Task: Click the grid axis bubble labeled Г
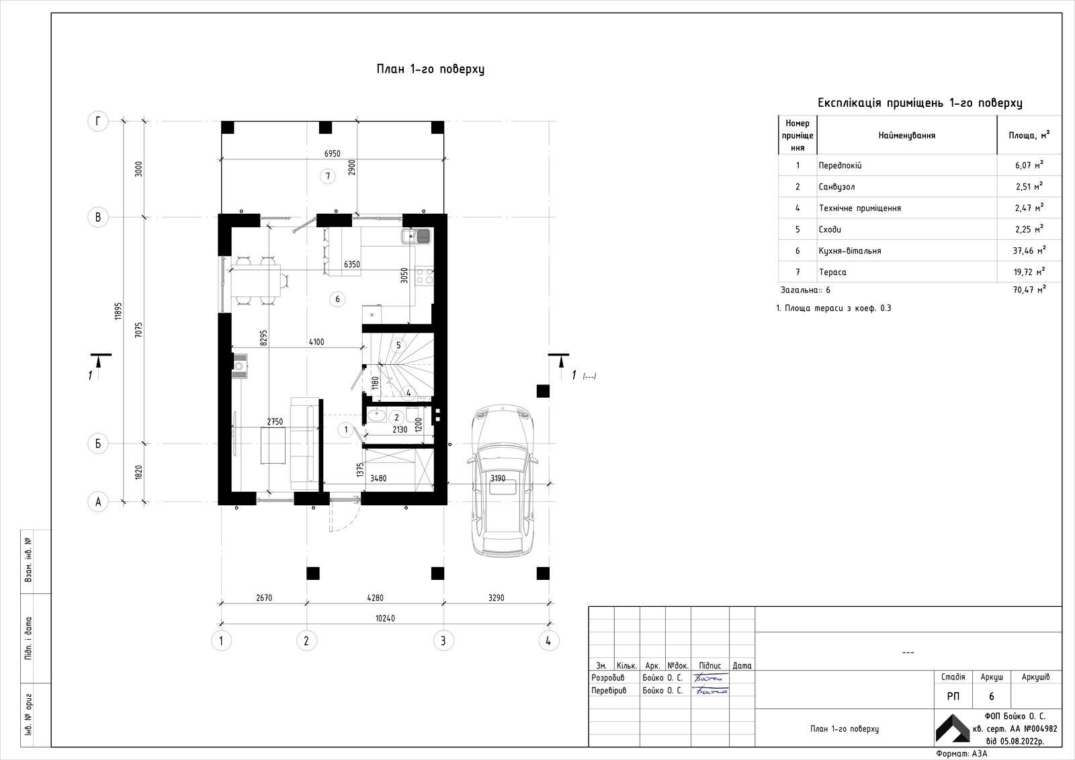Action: click(98, 122)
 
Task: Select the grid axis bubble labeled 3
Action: click(443, 640)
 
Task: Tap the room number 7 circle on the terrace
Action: click(328, 176)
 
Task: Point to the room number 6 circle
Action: click(337, 299)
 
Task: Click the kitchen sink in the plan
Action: click(416, 237)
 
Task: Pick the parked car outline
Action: click(503, 480)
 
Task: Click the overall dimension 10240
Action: click(385, 618)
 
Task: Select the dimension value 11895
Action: click(118, 311)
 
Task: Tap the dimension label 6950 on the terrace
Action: click(332, 154)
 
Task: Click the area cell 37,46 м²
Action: click(1029, 250)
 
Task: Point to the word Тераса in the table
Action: click(832, 272)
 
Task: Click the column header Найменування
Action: click(906, 135)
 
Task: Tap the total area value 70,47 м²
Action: click(1029, 290)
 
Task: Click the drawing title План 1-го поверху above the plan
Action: click(431, 69)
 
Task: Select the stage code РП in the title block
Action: click(953, 696)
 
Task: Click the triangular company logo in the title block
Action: click(953, 728)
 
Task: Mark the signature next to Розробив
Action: click(709, 678)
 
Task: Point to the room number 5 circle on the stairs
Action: click(398, 345)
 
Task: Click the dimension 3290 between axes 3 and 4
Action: click(497, 598)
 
